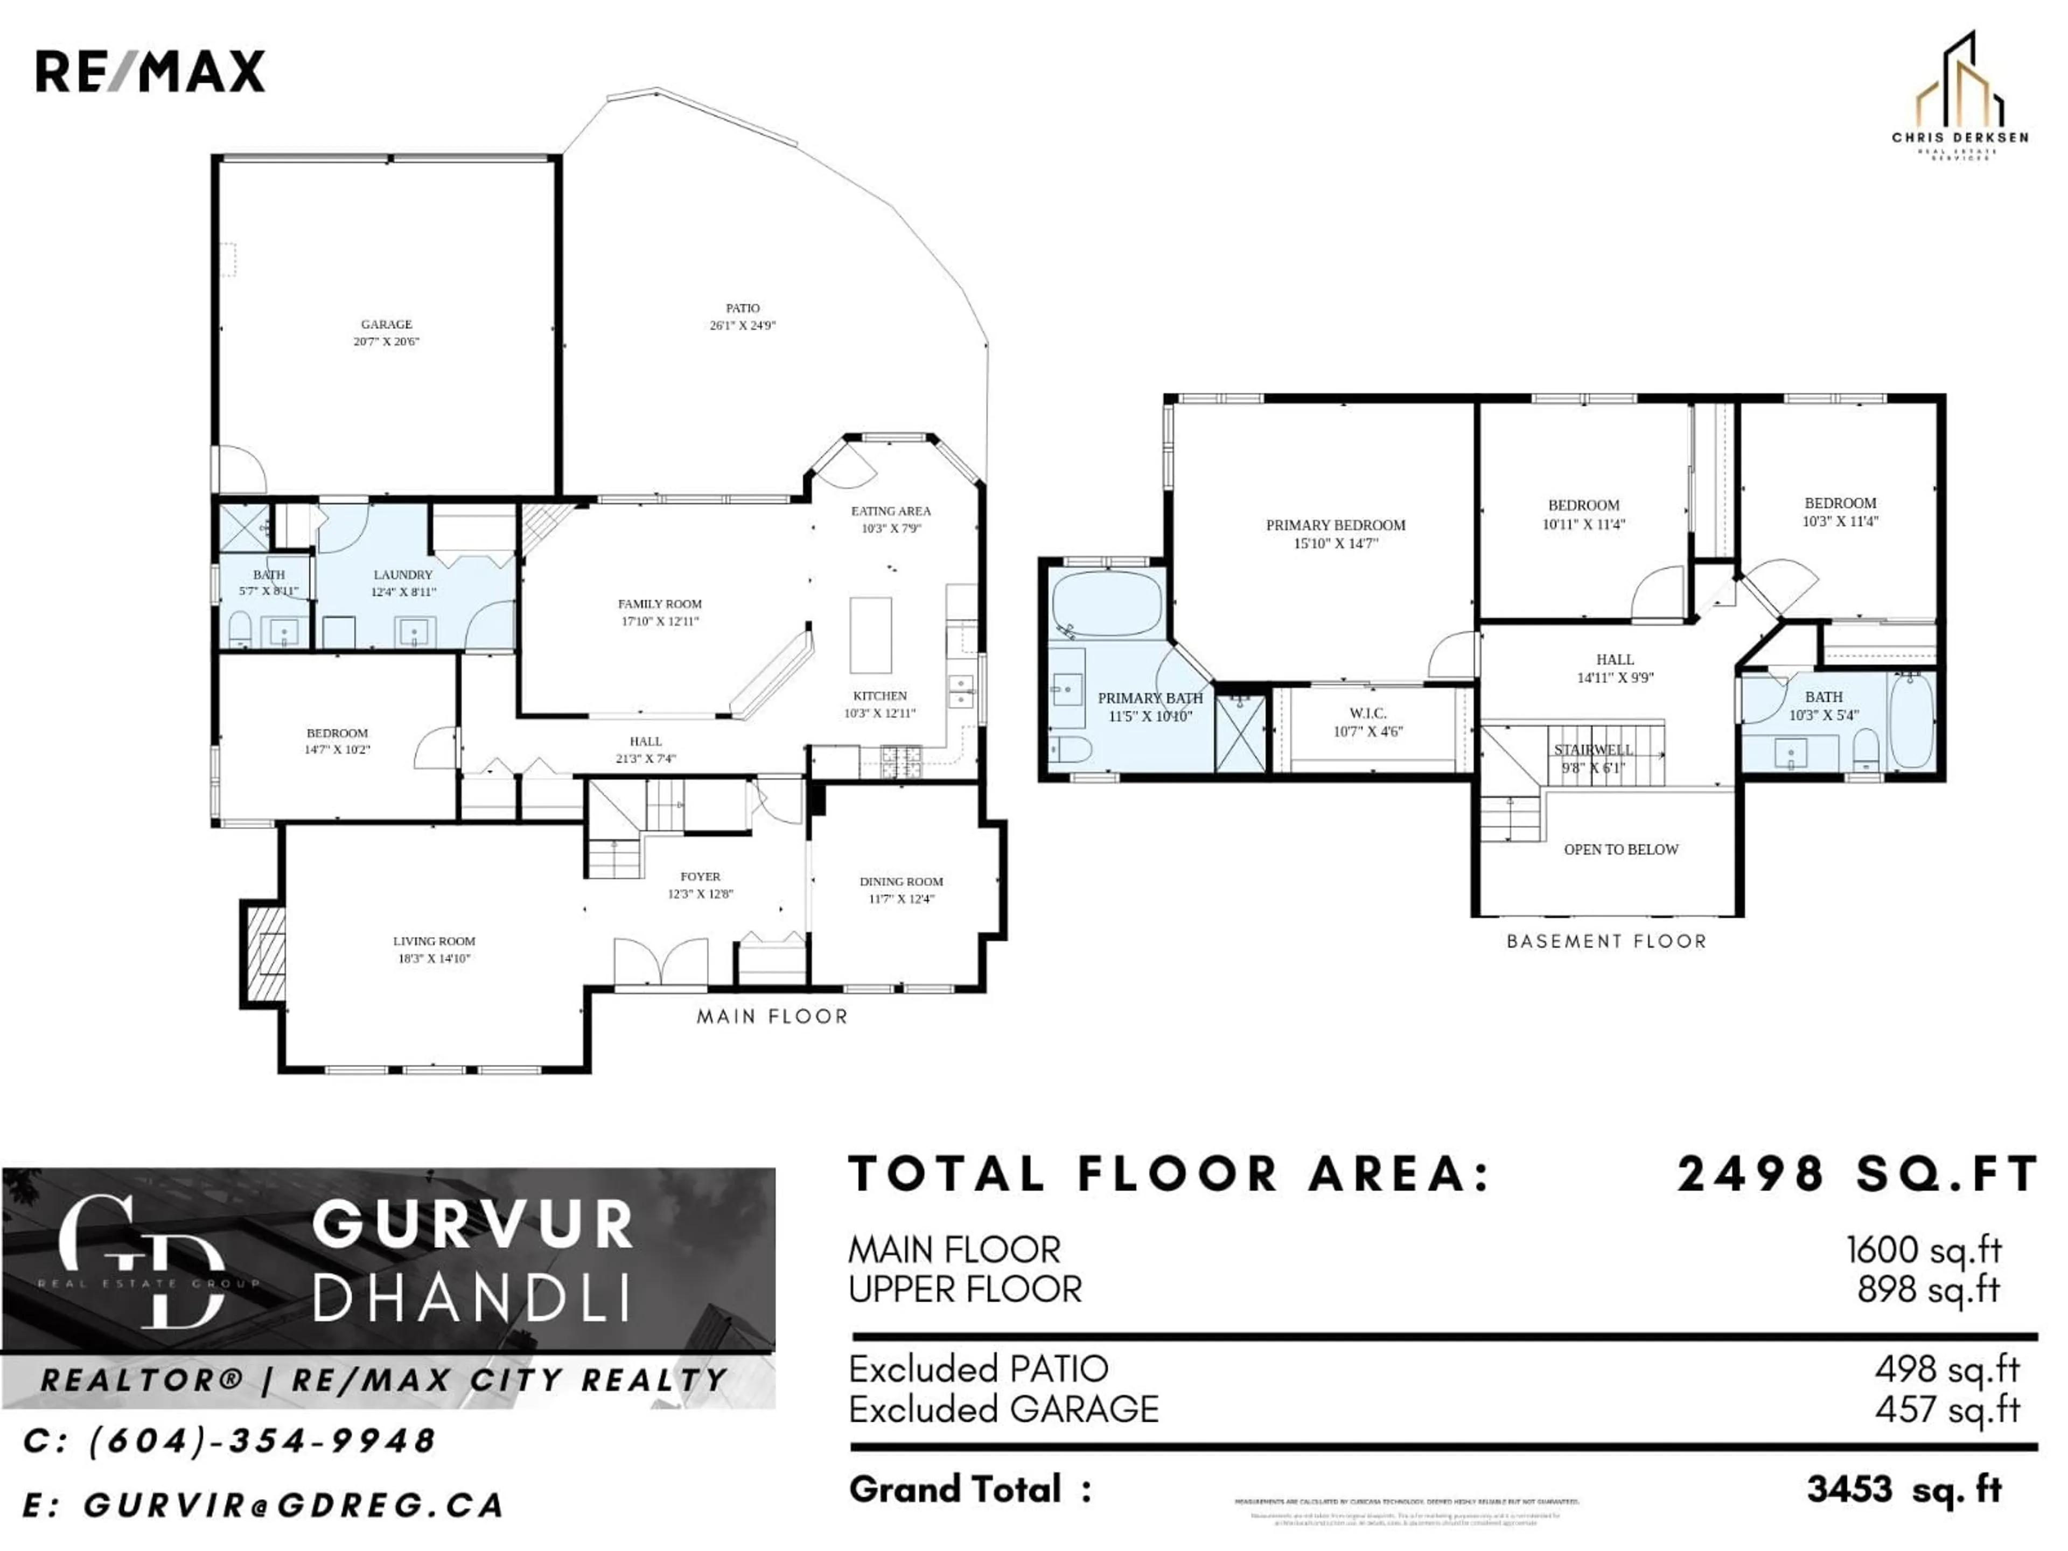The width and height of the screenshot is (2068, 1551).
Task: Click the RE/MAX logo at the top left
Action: pyautogui.click(x=150, y=72)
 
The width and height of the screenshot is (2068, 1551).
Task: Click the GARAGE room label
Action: pyautogui.click(x=386, y=324)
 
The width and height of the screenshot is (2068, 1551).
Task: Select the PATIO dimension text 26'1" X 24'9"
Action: pyautogui.click(x=742, y=325)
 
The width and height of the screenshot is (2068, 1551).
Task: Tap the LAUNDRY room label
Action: pyautogui.click(x=403, y=575)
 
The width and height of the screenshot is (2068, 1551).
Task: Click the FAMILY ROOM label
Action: pyautogui.click(x=659, y=604)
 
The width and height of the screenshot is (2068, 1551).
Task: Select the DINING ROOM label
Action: pyautogui.click(x=901, y=882)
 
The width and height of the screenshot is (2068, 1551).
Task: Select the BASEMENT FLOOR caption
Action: pyautogui.click(x=1606, y=941)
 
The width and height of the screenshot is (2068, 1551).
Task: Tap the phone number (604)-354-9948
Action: pyautogui.click(x=262, y=1441)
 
